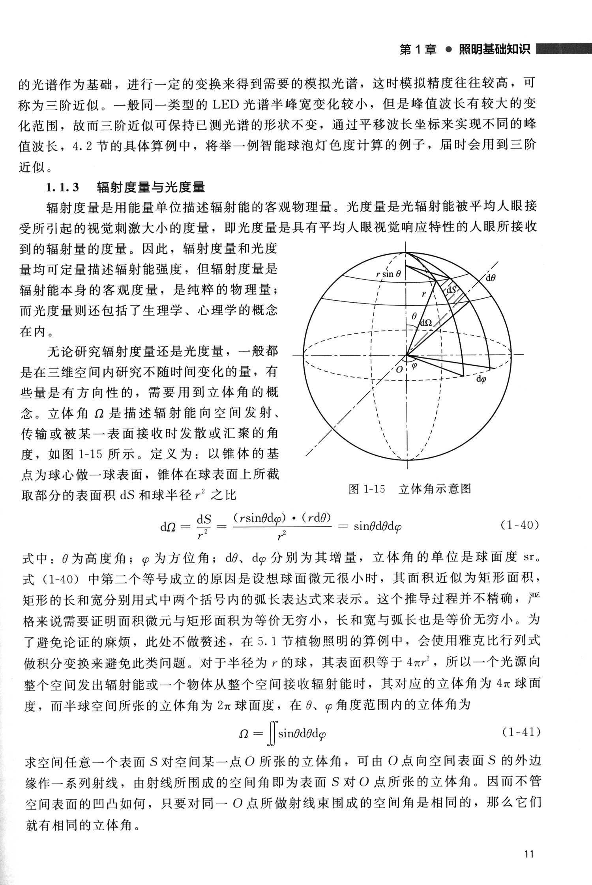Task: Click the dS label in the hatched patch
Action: [x=451, y=290]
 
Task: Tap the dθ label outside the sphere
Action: [x=491, y=277]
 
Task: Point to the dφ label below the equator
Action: [x=481, y=379]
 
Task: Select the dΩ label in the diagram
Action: [x=426, y=323]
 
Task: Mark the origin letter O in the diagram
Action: [x=399, y=370]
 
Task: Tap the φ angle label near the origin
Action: [x=414, y=365]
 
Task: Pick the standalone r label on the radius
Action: [x=424, y=294]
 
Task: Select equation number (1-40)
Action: [x=519, y=526]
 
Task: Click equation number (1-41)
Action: [x=521, y=732]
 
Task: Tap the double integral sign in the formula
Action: [x=271, y=733]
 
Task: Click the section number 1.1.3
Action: [x=63, y=187]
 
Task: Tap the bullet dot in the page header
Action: [x=448, y=50]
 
